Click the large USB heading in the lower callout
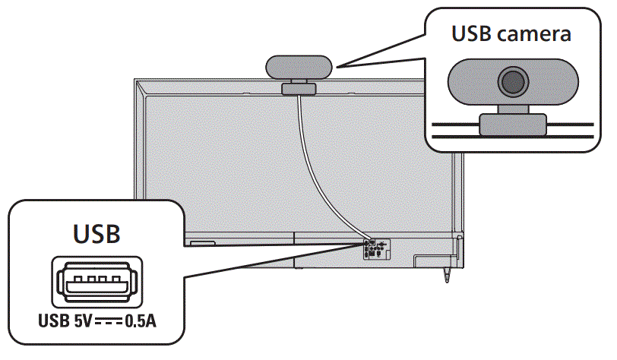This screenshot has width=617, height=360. tap(97, 233)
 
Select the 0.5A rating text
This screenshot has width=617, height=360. tap(141, 321)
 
